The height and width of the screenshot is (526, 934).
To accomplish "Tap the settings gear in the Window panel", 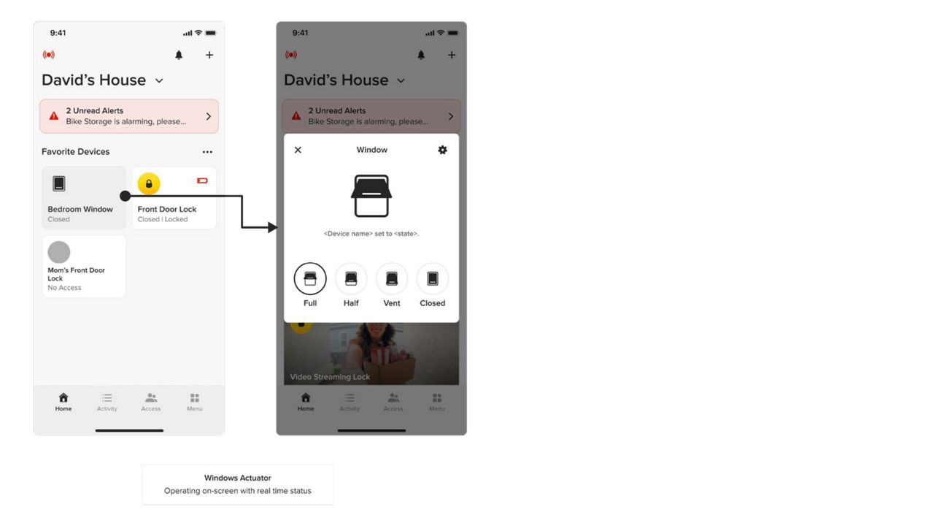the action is coord(442,150).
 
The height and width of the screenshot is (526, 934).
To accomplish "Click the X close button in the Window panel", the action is coord(298,150).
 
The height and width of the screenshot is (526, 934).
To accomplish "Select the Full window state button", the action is coord(310,278).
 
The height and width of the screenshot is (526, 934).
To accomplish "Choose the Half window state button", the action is coord(351,278).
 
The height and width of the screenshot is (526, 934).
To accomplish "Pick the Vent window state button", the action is coord(392,278).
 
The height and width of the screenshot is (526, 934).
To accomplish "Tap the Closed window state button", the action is coord(433,278).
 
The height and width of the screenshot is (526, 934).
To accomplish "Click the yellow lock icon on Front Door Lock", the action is coord(149,183).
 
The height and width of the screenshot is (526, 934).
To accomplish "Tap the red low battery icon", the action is coord(202,180).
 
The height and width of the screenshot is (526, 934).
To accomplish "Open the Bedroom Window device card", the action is coord(83,198).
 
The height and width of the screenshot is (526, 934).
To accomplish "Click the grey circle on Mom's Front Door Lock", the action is coord(59,252).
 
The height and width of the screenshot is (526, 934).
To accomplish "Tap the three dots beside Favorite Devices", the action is coord(207,152).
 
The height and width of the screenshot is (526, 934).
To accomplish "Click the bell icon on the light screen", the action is coord(179,55).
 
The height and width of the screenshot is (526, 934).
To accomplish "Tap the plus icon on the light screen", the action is coord(209,55).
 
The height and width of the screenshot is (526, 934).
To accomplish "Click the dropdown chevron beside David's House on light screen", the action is coord(159,80).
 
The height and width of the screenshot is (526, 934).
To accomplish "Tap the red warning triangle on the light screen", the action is coord(54,116).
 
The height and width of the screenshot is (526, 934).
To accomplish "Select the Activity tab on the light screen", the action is coord(107,402).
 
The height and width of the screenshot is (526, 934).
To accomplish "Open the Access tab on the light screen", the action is coord(151,402).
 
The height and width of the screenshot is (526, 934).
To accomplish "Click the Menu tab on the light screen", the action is coord(195,402).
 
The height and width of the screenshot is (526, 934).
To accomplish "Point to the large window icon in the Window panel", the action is coord(371,196).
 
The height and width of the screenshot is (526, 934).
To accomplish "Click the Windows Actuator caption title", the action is coord(238,478).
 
